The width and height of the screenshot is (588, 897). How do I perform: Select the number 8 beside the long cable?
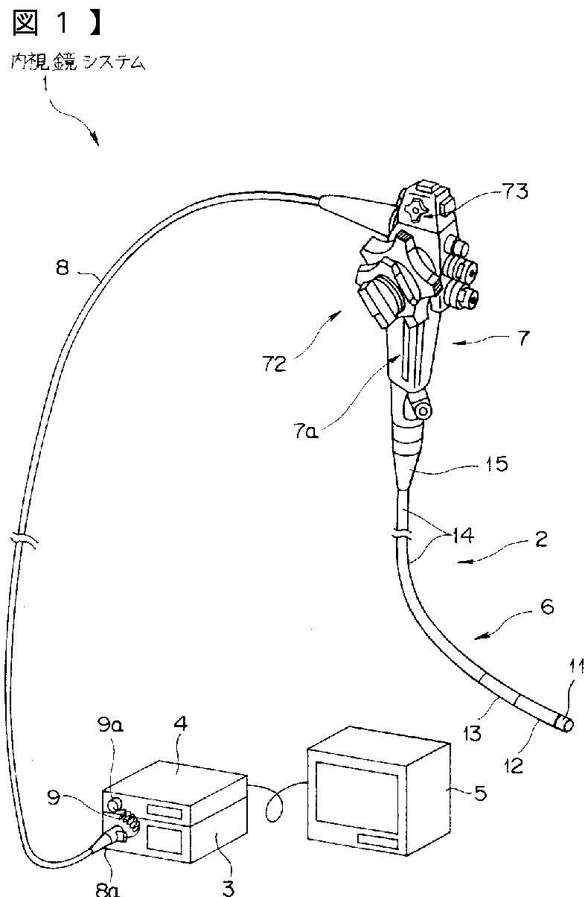coord(63,267)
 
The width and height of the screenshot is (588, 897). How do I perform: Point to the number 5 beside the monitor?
coord(481,793)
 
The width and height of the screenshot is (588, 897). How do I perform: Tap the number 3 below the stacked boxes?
coord(228,887)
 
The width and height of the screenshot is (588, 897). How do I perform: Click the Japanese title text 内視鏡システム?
coord(78,63)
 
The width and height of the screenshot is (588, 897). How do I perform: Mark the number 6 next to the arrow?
coord(547,608)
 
